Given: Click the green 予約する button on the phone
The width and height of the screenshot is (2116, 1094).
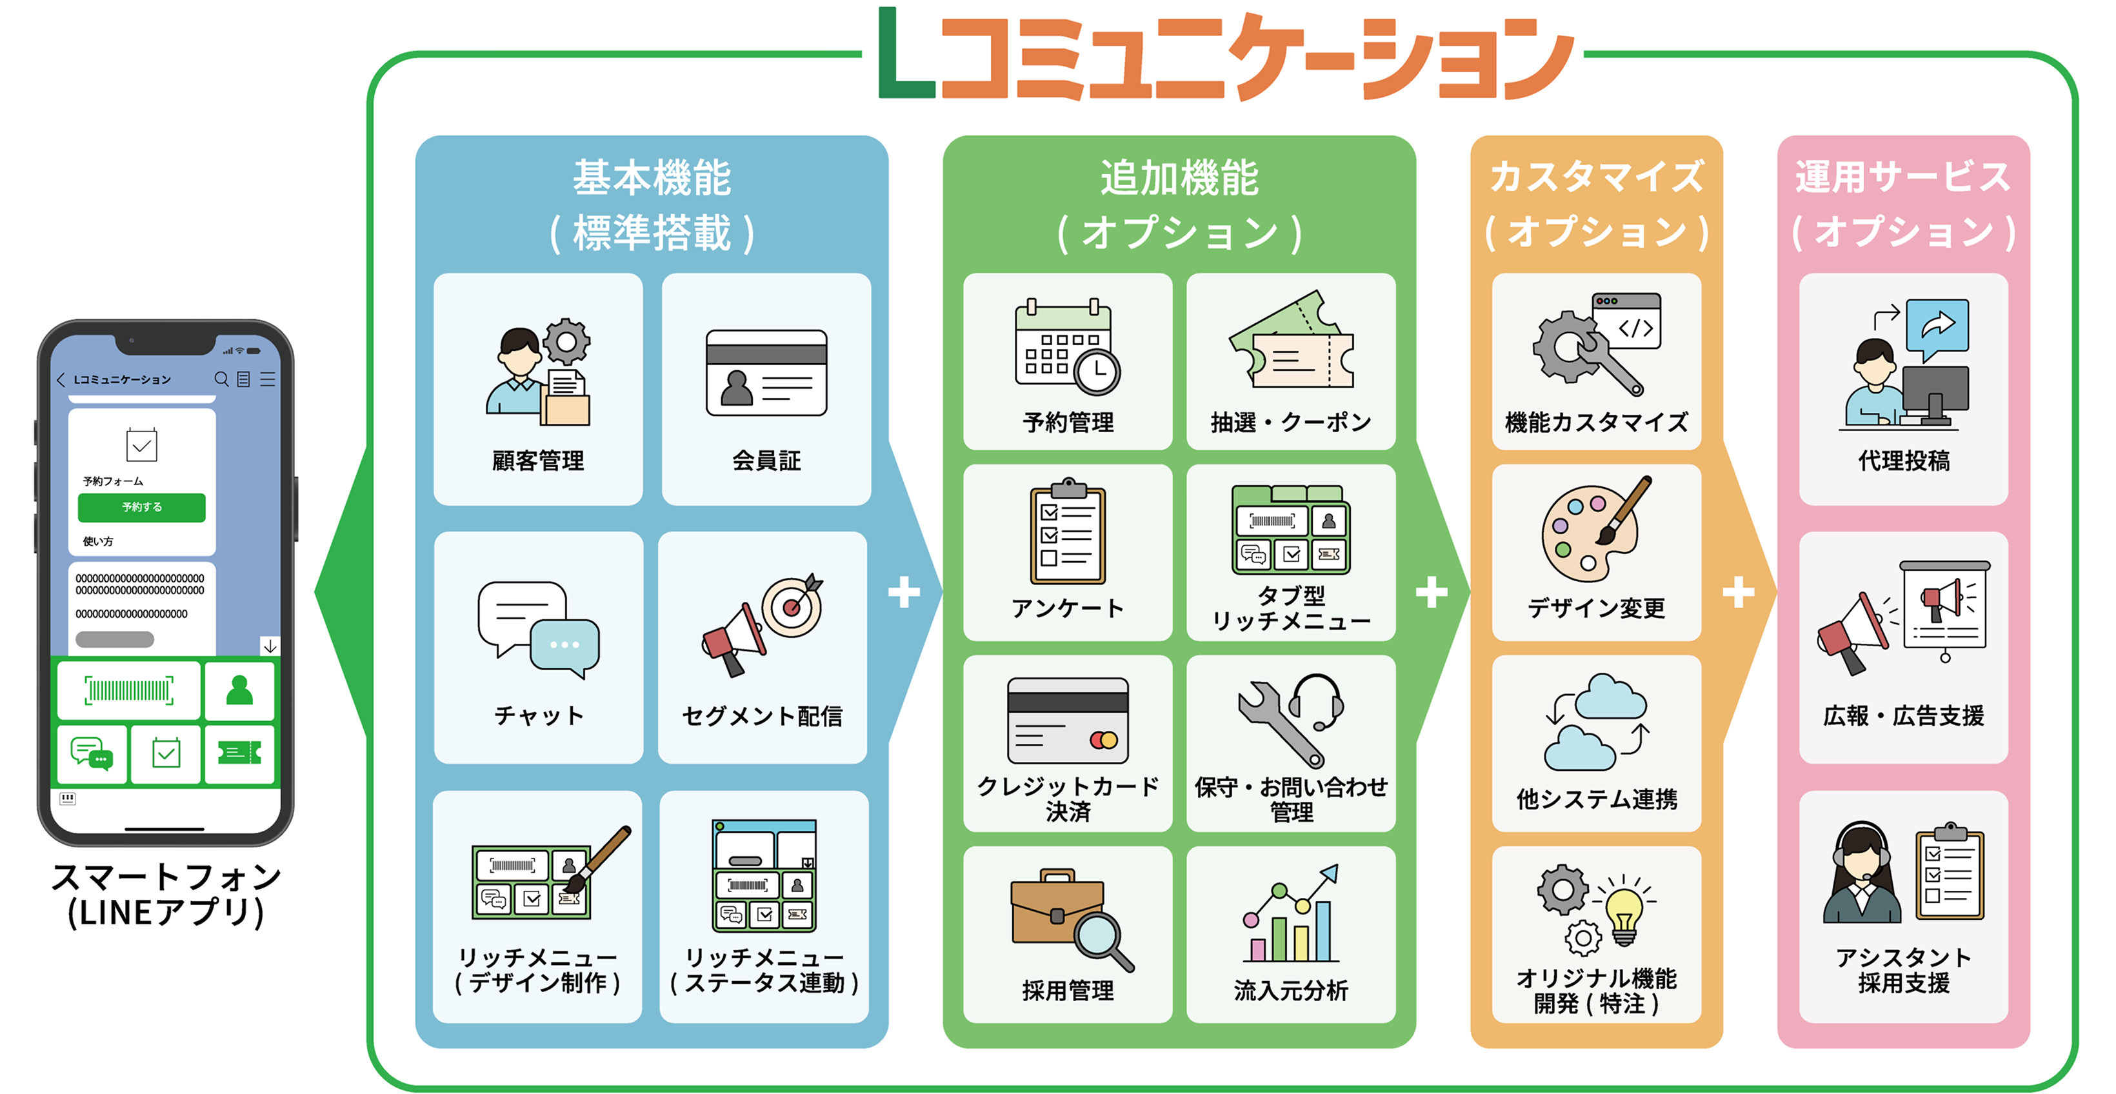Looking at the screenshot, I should click(x=141, y=507).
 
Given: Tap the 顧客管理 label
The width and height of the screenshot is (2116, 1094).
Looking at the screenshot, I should click(x=538, y=461).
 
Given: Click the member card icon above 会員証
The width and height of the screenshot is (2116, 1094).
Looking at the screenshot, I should click(x=766, y=373).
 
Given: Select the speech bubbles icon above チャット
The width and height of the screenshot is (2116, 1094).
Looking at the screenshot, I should click(x=538, y=629).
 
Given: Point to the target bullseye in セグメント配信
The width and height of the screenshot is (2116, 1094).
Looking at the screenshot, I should click(x=792, y=607).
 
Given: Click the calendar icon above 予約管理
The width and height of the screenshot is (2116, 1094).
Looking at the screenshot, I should click(x=1066, y=348).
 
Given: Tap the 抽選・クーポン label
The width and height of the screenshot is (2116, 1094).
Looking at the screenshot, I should click(x=1290, y=422).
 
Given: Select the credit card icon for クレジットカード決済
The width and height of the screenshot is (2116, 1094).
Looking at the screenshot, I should click(x=1067, y=721).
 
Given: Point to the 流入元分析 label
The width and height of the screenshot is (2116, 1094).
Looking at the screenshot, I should click(x=1290, y=991).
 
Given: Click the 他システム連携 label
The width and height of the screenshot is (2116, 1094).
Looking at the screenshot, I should click(x=1596, y=799).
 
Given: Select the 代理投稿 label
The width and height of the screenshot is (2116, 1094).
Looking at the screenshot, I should click(x=1903, y=461).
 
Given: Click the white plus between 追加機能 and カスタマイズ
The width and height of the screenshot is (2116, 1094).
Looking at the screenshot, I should click(x=1431, y=592).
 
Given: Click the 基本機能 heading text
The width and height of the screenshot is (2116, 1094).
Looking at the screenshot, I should click(x=652, y=178).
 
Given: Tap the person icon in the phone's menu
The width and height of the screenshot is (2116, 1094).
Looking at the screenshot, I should click(x=239, y=691).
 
